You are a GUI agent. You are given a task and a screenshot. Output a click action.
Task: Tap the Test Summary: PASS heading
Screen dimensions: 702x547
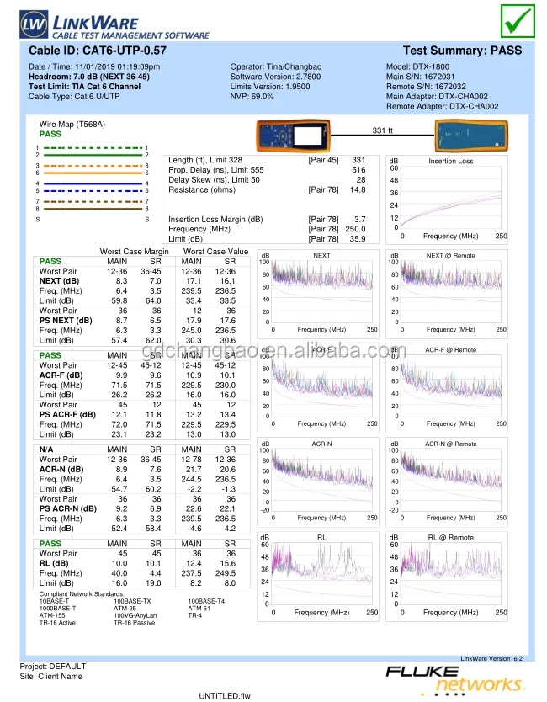coord(462,51)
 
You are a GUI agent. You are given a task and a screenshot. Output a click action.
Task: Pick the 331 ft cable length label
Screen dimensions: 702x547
coord(383,130)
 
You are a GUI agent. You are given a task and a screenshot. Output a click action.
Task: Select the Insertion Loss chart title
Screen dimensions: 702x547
coord(450,161)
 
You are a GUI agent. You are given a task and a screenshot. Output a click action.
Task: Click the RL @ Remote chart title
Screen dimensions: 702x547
coord(450,538)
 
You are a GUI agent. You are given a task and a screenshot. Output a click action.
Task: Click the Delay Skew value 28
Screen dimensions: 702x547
coord(360,180)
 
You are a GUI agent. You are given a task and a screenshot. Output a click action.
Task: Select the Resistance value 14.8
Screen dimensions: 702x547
coord(358,190)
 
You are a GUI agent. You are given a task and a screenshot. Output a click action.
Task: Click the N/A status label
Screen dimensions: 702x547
coord(47,450)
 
